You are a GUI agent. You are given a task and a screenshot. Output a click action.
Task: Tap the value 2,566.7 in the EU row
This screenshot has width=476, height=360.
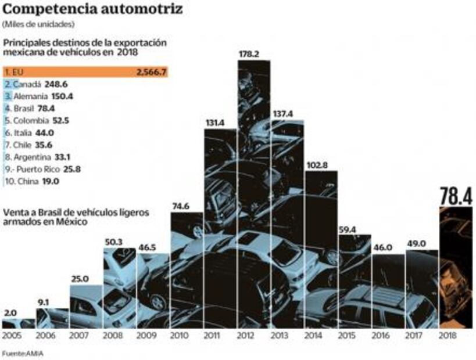151,73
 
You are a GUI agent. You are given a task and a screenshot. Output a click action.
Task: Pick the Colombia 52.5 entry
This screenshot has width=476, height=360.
38,121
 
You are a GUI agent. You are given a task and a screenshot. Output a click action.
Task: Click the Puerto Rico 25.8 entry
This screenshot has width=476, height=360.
44,169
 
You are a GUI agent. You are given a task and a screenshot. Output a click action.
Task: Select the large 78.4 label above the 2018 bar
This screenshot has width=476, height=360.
456,196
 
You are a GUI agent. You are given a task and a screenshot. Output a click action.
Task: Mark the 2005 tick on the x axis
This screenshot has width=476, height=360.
13,336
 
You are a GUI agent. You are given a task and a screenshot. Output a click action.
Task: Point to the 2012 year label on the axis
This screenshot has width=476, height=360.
253,336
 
